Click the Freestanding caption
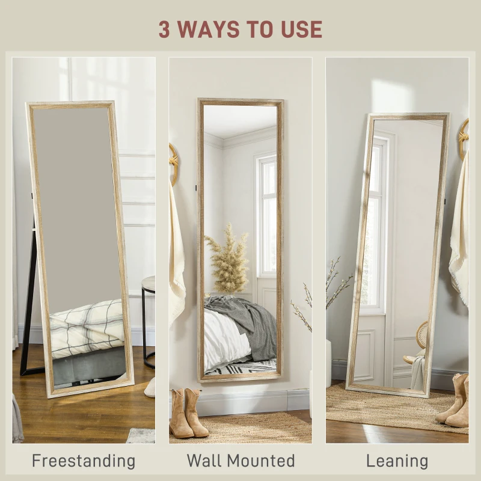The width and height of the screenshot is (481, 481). tap(84, 461)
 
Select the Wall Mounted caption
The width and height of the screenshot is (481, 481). tap(240, 461)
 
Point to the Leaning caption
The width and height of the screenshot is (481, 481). tap(397, 461)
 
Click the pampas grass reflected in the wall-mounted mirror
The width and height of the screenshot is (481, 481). tap(227, 259)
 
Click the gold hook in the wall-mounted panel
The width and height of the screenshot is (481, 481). tap(174, 162)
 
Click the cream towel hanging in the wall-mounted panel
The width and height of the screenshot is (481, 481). tap(177, 259)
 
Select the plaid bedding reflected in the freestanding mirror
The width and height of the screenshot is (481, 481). tap(87, 328)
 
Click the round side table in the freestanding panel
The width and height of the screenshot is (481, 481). tap(148, 319)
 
